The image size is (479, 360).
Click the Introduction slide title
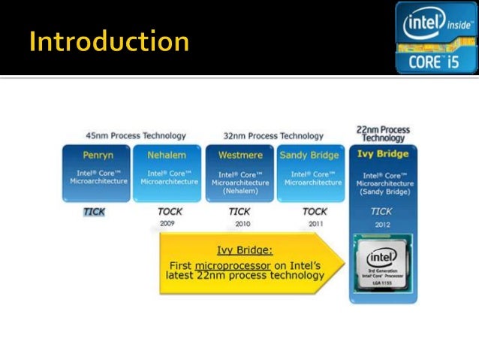coord(109,41)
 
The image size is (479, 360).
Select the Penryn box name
coord(98,156)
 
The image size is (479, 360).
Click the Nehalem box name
coord(166,156)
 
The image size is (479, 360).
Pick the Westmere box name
coord(239,156)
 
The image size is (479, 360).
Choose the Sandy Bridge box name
coord(309,156)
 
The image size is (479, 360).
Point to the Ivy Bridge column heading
coord(383,154)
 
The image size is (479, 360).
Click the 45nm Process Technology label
coord(135,136)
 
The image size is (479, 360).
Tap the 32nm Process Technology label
coord(273,136)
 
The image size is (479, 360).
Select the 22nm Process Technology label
coord(383,133)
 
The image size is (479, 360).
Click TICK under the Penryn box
coord(94,212)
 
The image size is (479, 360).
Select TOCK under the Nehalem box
coord(170,212)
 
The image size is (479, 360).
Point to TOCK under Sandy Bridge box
coord(315,212)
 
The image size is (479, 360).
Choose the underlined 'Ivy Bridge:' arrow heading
coord(245,250)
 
